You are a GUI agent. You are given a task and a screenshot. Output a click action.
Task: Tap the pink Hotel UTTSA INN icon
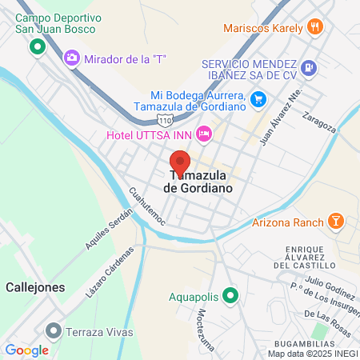click(204, 133)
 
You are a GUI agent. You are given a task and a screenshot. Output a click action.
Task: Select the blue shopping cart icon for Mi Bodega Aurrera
click(258, 99)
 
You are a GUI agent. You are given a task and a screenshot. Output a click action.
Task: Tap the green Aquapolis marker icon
click(230, 297)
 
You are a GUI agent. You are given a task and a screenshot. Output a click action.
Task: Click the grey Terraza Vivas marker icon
click(54, 330)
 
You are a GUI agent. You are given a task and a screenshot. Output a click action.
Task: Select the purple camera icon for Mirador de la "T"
click(72, 57)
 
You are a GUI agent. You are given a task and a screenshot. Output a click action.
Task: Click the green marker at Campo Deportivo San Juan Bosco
click(36, 47)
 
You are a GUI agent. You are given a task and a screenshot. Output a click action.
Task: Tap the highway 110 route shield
click(165, 120)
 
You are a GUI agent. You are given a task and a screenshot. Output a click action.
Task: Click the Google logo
click(26, 350)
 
